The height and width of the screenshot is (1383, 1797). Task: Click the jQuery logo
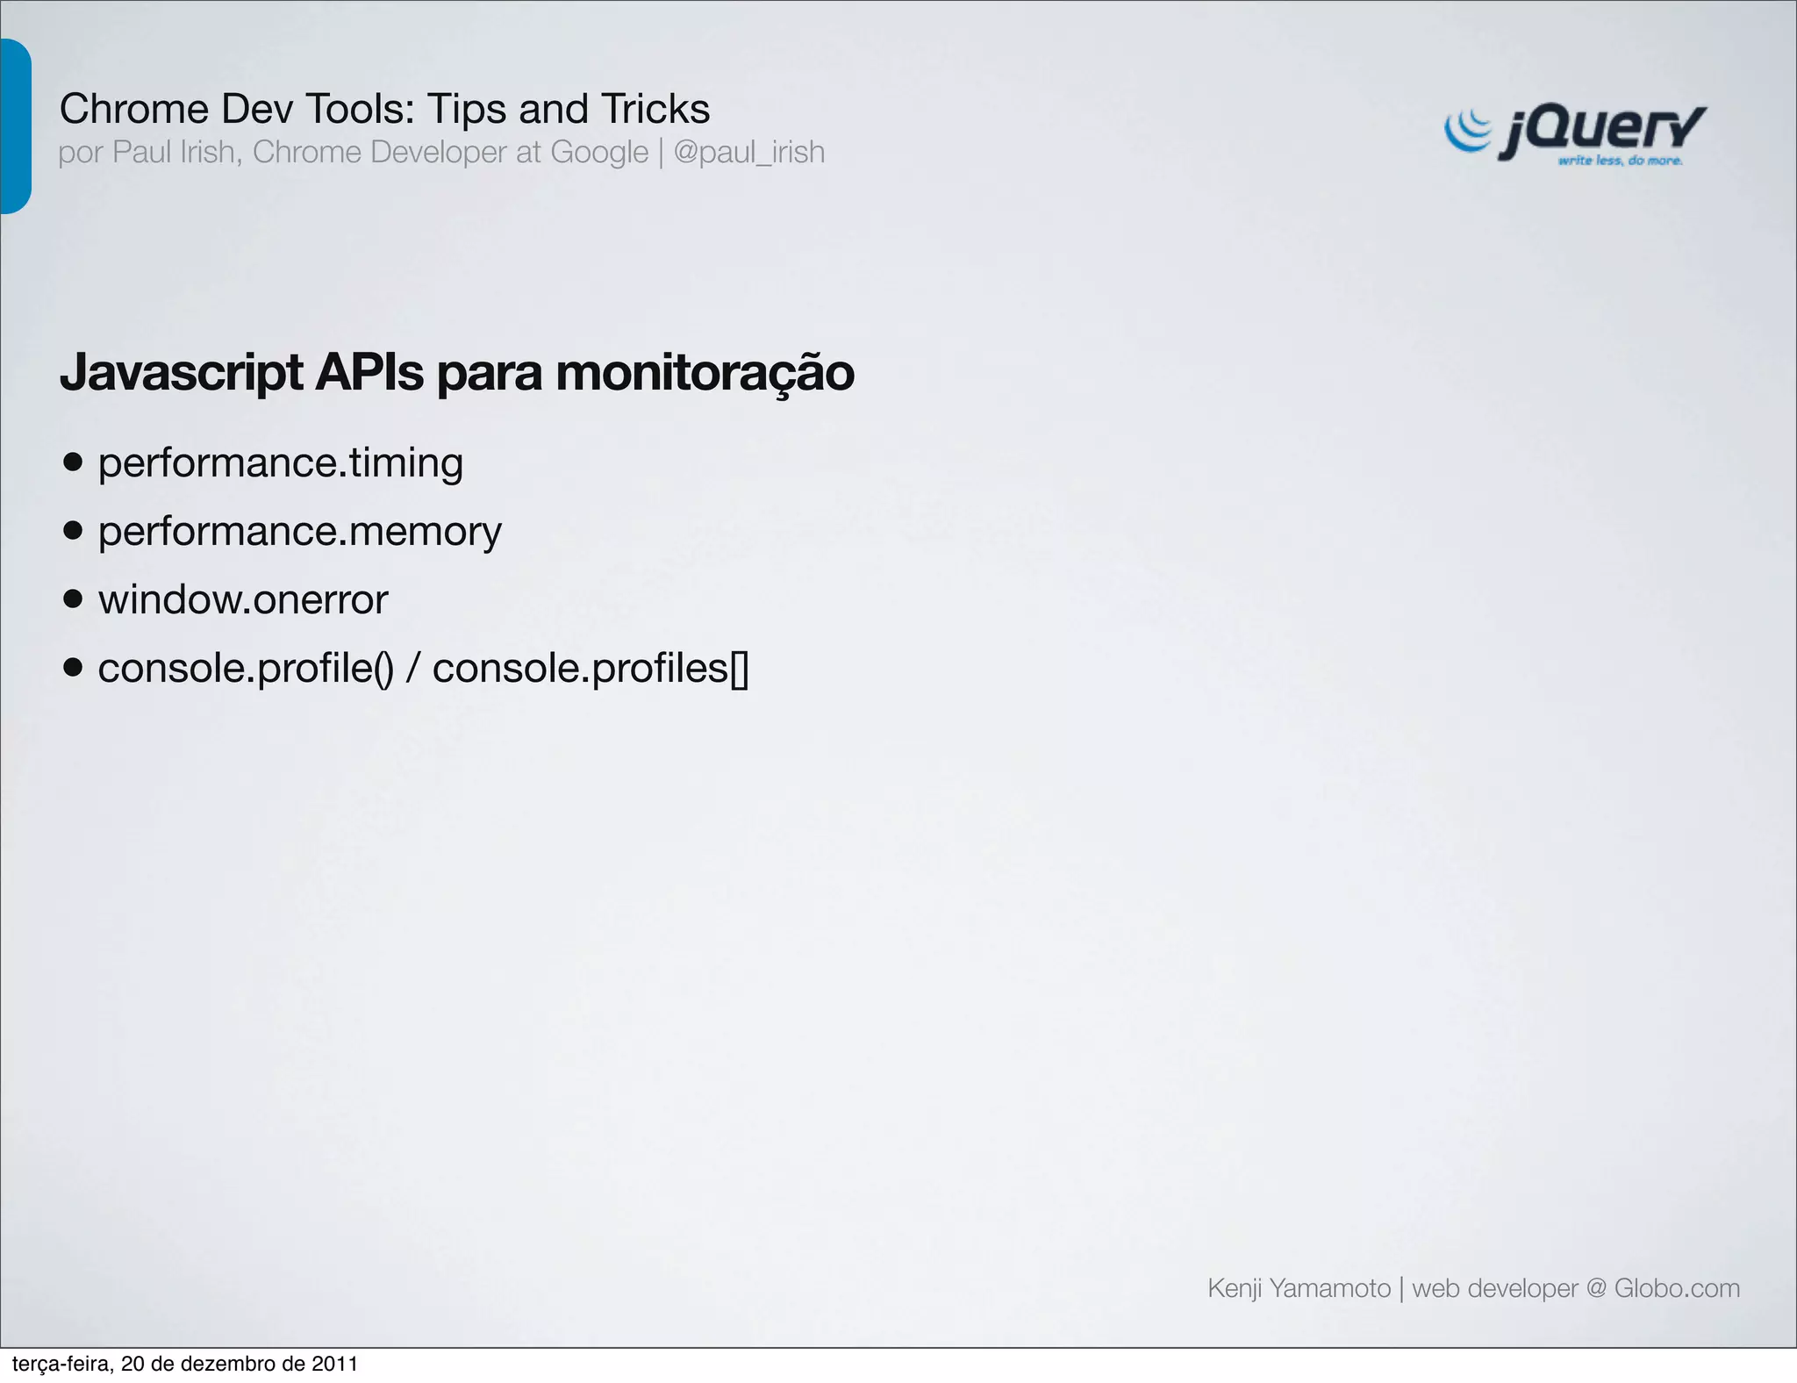pyautogui.click(x=1575, y=133)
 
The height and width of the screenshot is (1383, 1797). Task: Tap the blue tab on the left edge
pyautogui.click(x=15, y=126)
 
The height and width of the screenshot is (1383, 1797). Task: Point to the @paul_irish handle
pyautogui.click(x=748, y=153)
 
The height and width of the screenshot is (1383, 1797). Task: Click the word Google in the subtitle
pyautogui.click(x=598, y=153)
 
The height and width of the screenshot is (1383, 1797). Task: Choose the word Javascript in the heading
pyautogui.click(x=182, y=372)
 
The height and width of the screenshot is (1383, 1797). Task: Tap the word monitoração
pyautogui.click(x=705, y=372)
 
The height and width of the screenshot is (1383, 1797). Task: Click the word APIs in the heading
pyautogui.click(x=369, y=372)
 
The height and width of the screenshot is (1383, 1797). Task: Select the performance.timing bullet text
pyautogui.click(x=280, y=462)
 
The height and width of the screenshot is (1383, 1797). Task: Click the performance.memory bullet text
pyautogui.click(x=299, y=531)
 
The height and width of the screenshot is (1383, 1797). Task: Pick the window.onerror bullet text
pyautogui.click(x=243, y=600)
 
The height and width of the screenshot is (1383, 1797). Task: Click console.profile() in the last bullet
pyautogui.click(x=246, y=669)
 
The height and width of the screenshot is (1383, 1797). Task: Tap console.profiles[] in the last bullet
pyautogui.click(x=590, y=669)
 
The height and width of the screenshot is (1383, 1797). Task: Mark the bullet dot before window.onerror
pyautogui.click(x=74, y=599)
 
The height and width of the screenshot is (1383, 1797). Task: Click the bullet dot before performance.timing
pyautogui.click(x=74, y=462)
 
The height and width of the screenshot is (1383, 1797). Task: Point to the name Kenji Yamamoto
pyautogui.click(x=1299, y=1288)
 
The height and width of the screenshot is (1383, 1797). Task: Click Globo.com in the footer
pyautogui.click(x=1677, y=1288)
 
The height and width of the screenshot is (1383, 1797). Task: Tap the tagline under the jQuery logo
pyautogui.click(x=1620, y=161)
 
